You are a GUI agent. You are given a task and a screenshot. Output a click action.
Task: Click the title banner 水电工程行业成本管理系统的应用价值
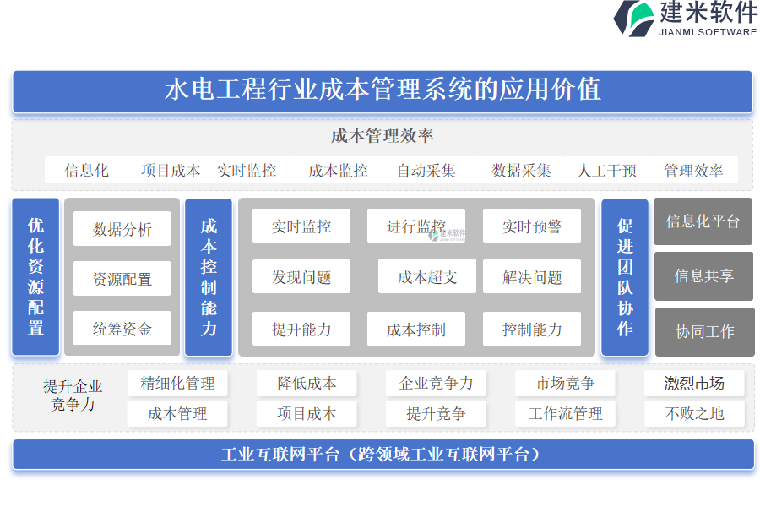coord(383,91)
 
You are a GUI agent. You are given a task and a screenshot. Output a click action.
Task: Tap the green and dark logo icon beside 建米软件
coord(634,19)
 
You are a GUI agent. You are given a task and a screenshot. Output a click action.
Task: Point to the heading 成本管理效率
coord(382,136)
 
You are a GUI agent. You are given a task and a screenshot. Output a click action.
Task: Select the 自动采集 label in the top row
coord(426,171)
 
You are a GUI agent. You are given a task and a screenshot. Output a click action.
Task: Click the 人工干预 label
coord(607,171)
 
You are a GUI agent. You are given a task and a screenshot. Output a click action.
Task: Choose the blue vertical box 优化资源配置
coord(35,276)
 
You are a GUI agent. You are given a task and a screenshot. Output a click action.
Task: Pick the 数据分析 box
coord(122,228)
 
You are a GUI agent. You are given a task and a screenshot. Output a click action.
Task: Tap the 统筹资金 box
coord(122,329)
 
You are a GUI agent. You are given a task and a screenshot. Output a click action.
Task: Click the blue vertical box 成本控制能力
coord(209,277)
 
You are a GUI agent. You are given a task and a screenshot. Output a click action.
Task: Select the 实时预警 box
coord(532,226)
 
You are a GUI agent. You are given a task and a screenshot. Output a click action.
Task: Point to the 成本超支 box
coord(427,276)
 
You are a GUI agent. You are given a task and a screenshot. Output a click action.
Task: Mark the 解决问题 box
coord(532,276)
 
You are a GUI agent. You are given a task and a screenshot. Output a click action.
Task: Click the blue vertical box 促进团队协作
coord(625,277)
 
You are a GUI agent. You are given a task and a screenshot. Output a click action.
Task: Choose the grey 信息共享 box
coord(703,275)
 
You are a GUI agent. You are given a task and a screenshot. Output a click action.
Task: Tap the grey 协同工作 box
coord(705,332)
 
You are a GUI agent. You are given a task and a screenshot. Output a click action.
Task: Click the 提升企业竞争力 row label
coord(73,395)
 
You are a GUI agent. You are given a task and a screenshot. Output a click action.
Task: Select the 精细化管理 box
coord(177,383)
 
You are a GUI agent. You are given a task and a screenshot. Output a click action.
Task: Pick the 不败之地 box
coord(694,413)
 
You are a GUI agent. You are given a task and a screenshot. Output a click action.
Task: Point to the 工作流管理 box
coord(565,413)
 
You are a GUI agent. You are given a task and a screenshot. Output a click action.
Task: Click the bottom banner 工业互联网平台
coord(383,454)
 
